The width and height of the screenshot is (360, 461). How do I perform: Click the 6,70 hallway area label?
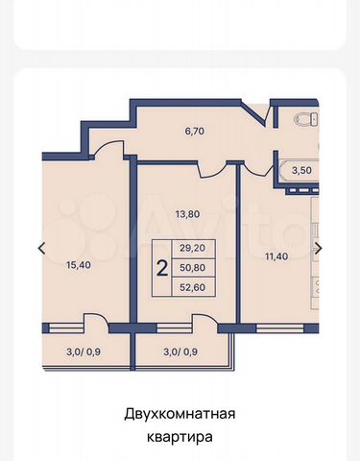(194, 132)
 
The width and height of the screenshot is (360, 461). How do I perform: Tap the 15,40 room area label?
(79, 265)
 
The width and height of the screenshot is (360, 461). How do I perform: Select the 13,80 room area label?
(188, 213)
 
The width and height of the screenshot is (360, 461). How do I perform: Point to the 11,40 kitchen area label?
(276, 256)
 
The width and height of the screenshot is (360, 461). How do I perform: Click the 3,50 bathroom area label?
(301, 170)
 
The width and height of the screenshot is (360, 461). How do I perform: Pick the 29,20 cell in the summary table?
(193, 248)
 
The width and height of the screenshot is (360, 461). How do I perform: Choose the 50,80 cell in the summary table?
(193, 268)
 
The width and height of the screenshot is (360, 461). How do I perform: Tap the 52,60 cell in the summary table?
(193, 287)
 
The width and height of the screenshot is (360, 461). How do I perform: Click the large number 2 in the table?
(162, 268)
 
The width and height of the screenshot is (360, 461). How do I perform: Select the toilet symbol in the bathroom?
(306, 120)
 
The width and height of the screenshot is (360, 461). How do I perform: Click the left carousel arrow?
(41, 248)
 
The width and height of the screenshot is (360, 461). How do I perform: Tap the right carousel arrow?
(319, 248)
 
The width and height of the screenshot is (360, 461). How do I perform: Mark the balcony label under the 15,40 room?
(84, 352)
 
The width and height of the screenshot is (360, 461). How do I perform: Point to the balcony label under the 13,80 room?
(180, 352)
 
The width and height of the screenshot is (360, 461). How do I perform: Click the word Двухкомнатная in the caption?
(180, 413)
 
